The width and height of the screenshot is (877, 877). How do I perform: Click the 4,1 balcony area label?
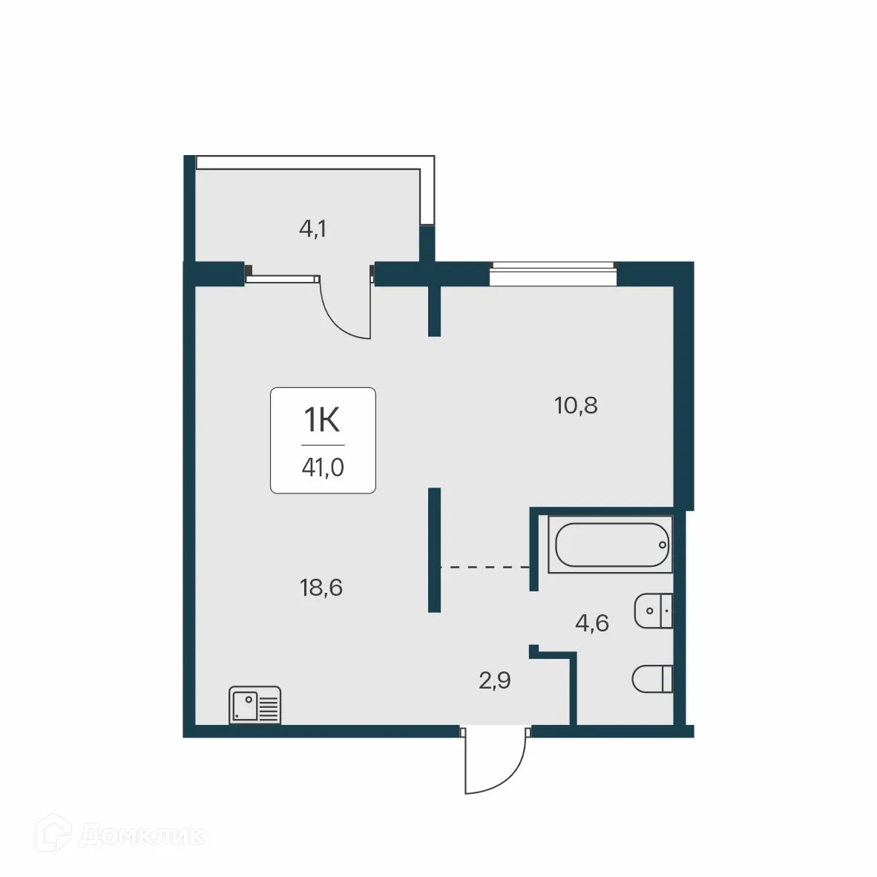coord(312,229)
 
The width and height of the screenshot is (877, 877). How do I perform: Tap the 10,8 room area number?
coord(576,406)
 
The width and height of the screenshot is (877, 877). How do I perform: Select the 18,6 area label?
coord(321,588)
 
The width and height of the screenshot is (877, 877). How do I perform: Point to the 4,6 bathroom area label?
coord(591,623)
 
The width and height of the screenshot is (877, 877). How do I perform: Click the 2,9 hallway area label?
coord(494,681)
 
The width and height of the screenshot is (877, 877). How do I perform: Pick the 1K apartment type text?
coord(323,421)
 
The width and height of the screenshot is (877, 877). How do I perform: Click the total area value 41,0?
coord(323,469)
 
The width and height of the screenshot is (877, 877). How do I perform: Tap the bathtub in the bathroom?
coord(611,546)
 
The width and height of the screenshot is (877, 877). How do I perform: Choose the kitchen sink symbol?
coord(254,705)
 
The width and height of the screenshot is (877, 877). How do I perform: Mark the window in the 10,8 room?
coord(553,275)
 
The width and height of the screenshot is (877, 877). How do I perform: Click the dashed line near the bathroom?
coord(485,567)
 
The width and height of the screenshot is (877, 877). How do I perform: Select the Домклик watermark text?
coord(141,836)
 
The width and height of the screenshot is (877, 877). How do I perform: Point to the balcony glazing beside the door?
coord(283,279)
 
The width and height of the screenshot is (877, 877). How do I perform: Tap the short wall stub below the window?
coord(435,312)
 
